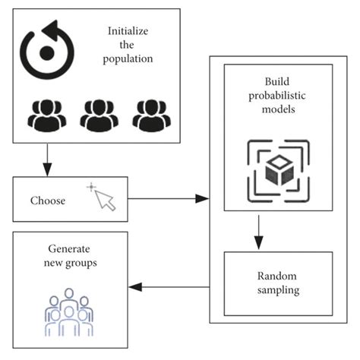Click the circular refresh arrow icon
(x=47, y=52)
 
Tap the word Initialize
(x=129, y=32)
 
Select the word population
(x=129, y=59)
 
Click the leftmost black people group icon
(x=46, y=115)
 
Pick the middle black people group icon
(x=99, y=115)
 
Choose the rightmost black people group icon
(x=151, y=115)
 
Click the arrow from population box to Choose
(x=48, y=159)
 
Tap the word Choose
(x=48, y=201)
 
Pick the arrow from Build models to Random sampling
(x=259, y=231)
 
